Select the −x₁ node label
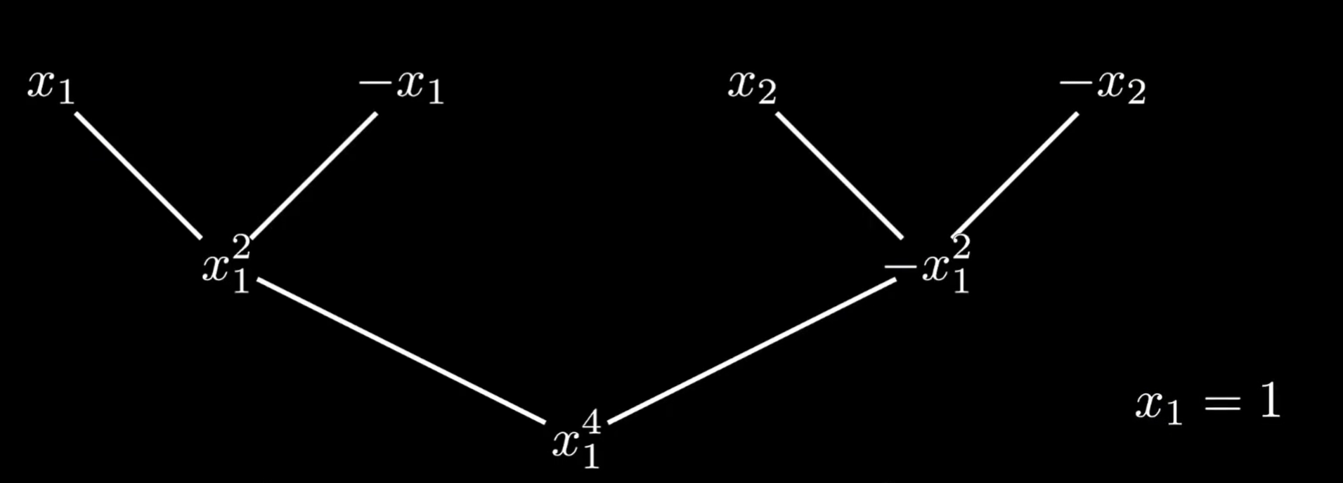click(x=401, y=88)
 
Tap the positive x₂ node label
click(x=751, y=87)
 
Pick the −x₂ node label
click(x=1102, y=88)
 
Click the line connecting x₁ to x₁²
click(x=138, y=175)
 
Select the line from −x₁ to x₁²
click(x=314, y=175)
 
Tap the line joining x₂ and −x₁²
click(x=839, y=175)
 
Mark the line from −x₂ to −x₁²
click(x=1016, y=175)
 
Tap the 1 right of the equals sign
click(x=1269, y=402)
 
